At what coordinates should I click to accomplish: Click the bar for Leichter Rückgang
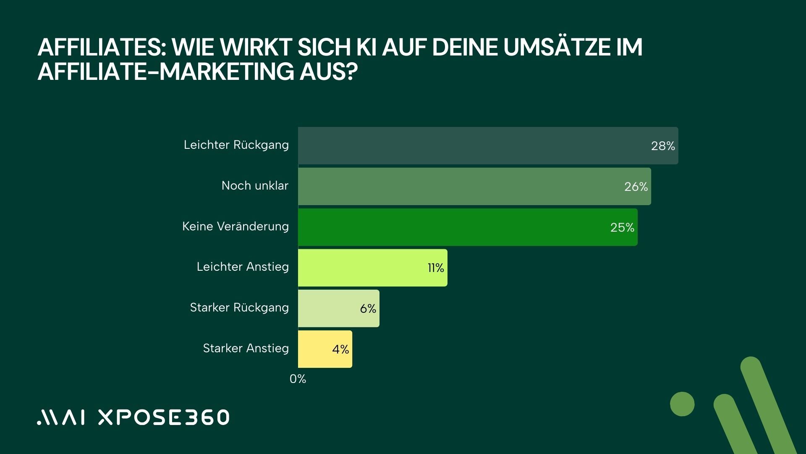(x=487, y=145)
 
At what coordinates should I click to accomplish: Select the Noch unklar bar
(x=474, y=186)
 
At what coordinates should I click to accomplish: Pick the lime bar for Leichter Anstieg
(x=372, y=268)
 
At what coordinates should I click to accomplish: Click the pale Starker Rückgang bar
(x=338, y=309)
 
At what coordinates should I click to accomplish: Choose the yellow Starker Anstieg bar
(x=325, y=349)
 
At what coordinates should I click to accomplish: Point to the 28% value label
(x=663, y=146)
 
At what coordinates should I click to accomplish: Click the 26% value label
(x=636, y=187)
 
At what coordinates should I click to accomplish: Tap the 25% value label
(x=622, y=227)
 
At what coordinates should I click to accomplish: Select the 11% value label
(x=436, y=268)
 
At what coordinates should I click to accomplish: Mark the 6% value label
(x=368, y=309)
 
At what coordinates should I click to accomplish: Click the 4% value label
(x=340, y=349)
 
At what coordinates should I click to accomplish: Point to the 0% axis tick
(x=298, y=379)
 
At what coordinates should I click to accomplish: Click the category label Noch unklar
(x=255, y=185)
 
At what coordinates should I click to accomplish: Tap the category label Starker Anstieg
(x=246, y=348)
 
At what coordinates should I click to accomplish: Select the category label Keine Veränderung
(x=235, y=226)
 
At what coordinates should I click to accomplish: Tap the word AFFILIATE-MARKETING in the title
(x=166, y=71)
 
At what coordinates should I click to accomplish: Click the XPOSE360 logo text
(x=164, y=417)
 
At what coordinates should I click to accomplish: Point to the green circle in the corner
(x=682, y=404)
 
